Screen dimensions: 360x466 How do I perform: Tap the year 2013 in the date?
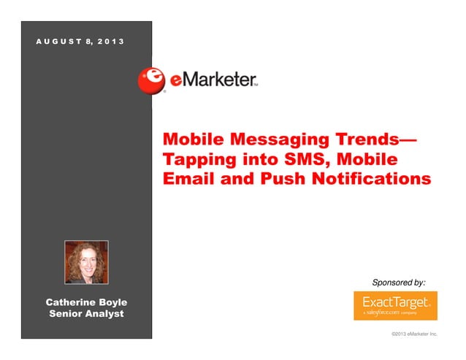click(x=108, y=39)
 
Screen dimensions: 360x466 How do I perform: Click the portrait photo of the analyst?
click(x=86, y=261)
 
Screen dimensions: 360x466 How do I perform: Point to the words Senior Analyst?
click(x=86, y=314)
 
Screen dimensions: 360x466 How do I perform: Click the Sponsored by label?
click(x=399, y=282)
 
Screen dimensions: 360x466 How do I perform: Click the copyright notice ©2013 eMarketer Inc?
click(x=414, y=334)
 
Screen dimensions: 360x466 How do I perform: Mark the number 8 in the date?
click(x=88, y=39)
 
